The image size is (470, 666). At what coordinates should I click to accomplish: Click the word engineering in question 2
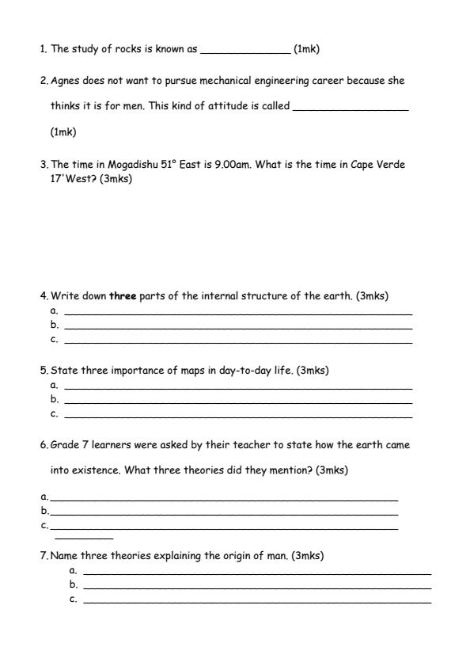290,81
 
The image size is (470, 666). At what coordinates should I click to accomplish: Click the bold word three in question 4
123,296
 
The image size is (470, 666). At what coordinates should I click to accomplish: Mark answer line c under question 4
237,342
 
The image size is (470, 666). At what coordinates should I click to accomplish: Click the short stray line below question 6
84,539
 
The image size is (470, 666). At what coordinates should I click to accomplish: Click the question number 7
44,556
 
